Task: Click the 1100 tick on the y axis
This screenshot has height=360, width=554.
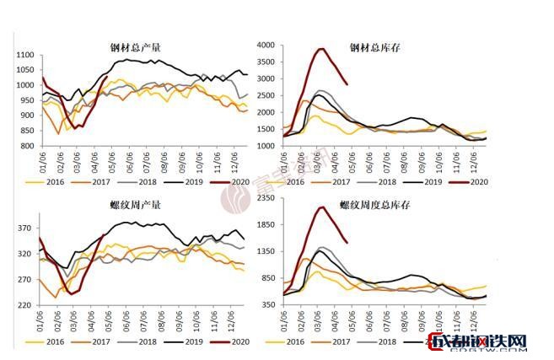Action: point(24,56)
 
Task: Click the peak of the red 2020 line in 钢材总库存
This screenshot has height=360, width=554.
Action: point(322,49)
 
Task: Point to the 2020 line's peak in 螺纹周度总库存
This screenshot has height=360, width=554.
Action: point(322,207)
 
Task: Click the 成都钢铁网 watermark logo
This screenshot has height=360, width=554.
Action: point(478,341)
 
